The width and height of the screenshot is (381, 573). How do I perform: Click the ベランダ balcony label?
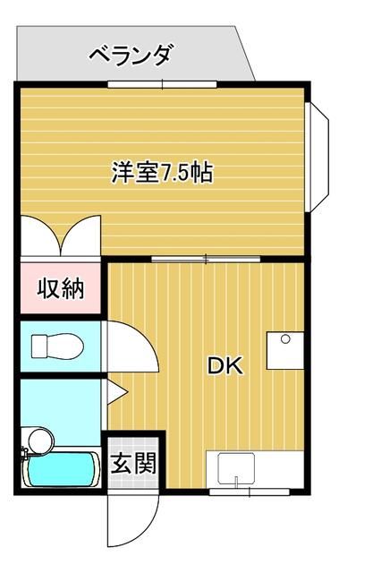click(x=131, y=56)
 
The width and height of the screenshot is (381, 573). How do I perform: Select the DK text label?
click(x=224, y=366)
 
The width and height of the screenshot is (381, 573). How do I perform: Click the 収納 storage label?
click(x=61, y=288)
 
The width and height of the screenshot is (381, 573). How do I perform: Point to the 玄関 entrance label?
click(x=133, y=463)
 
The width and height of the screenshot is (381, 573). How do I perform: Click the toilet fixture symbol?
click(x=57, y=346)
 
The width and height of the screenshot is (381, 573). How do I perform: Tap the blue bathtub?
click(x=61, y=469)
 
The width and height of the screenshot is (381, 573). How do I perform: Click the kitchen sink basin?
click(x=236, y=469)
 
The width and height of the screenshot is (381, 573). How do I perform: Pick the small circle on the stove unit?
click(x=285, y=339)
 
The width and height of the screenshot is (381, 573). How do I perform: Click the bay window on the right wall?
click(x=317, y=158)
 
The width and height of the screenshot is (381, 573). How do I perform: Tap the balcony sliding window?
click(x=163, y=84)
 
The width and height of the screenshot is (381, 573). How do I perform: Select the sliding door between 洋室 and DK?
click(x=206, y=260)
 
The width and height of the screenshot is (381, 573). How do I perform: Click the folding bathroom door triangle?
click(x=117, y=392)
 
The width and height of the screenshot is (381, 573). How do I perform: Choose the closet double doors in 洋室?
click(x=61, y=235)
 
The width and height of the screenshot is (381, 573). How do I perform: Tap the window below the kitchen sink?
click(x=250, y=492)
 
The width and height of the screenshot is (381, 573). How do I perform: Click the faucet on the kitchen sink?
click(x=236, y=482)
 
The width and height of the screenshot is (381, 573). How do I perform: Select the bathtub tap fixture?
click(x=25, y=453)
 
